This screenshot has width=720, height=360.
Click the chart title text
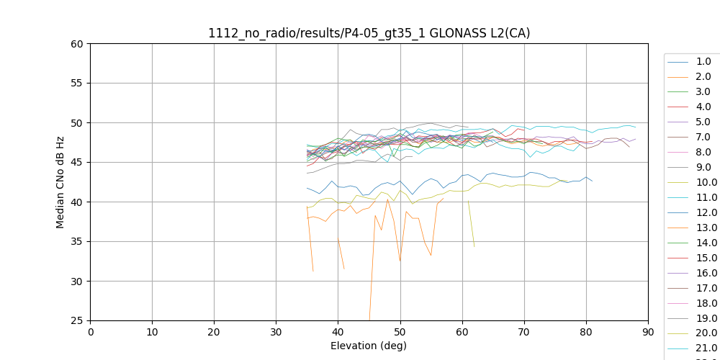369,33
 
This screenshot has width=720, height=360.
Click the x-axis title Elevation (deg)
369,346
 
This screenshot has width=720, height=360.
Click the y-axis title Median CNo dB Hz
60,182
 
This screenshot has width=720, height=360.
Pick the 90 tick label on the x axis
648,332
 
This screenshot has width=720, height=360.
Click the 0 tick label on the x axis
91,332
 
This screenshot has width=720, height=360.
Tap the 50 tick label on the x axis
400,332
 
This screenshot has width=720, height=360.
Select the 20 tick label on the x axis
215,332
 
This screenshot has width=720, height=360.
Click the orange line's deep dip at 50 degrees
400,261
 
